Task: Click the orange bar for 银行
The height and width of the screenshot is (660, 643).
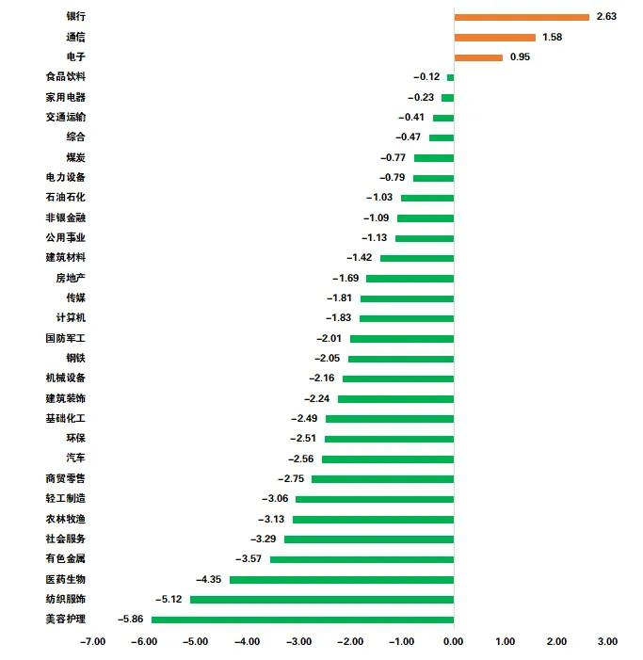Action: pos(522,17)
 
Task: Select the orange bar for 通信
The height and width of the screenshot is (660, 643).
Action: pos(494,38)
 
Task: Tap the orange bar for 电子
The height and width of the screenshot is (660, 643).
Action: pos(478,57)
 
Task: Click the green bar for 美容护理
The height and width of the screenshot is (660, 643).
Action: pos(302,620)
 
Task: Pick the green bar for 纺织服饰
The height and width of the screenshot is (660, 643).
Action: pos(322,600)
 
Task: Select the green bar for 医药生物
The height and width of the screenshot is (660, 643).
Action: pos(342,579)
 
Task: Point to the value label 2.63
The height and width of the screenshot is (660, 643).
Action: pos(606,17)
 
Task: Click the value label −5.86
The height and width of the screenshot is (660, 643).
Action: pos(130,620)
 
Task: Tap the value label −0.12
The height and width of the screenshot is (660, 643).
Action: pos(426,77)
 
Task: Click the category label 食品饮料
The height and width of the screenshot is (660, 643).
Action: pos(65,77)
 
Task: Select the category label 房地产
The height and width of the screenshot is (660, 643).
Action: pos(71,278)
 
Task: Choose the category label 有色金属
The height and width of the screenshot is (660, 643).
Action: pos(65,559)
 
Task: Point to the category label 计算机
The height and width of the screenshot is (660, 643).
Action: pos(71,318)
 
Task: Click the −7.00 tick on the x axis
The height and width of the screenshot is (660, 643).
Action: pos(92,642)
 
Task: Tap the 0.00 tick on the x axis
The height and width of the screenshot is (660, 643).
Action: pos(454,642)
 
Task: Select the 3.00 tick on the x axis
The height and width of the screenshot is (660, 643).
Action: pos(608,642)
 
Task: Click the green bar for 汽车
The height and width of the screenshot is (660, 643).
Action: pos(388,459)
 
